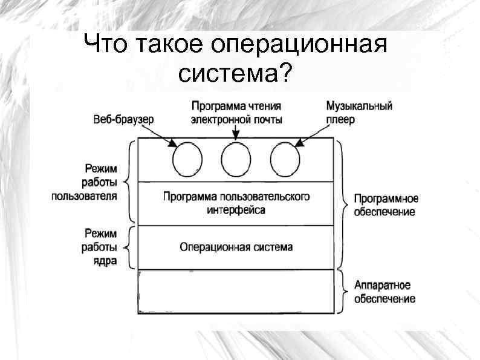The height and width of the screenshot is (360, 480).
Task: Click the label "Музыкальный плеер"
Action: (359, 113)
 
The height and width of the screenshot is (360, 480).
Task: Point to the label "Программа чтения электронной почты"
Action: (236, 113)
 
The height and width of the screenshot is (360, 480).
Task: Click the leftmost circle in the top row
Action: (187, 160)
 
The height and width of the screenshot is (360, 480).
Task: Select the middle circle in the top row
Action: (236, 160)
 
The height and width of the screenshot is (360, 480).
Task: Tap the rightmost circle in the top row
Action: (285, 160)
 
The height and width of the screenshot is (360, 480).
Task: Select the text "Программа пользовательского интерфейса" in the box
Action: (236, 203)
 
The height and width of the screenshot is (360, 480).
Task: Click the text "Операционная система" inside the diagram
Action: (236, 247)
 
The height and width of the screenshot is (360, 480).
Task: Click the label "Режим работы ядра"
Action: (100, 247)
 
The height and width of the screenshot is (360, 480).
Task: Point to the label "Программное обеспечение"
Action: (385, 205)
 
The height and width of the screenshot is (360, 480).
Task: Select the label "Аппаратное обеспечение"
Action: (384, 292)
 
